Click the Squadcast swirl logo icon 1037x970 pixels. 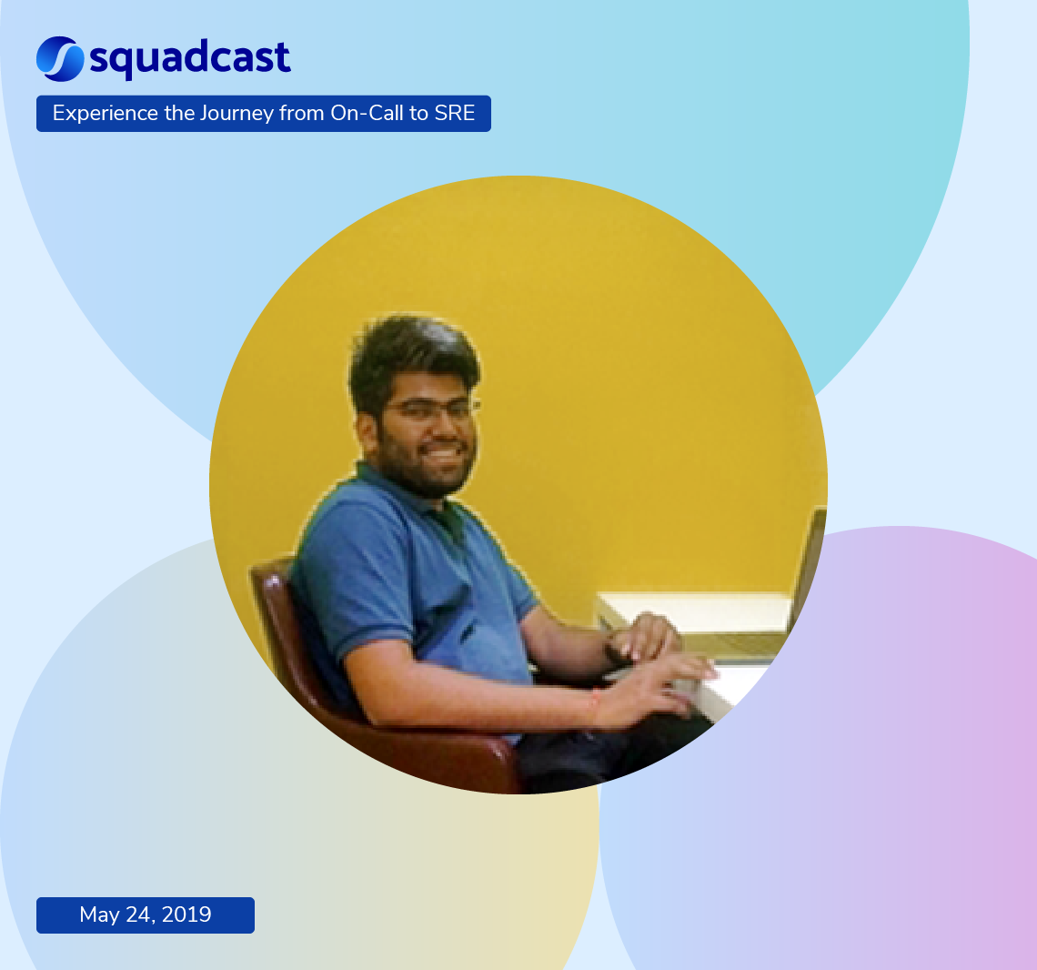click(x=60, y=58)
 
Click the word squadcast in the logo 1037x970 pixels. click(x=190, y=59)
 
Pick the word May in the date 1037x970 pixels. click(x=99, y=914)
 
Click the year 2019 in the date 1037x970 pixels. click(x=186, y=914)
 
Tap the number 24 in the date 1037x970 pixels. click(x=139, y=914)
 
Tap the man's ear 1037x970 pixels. click(x=367, y=432)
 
